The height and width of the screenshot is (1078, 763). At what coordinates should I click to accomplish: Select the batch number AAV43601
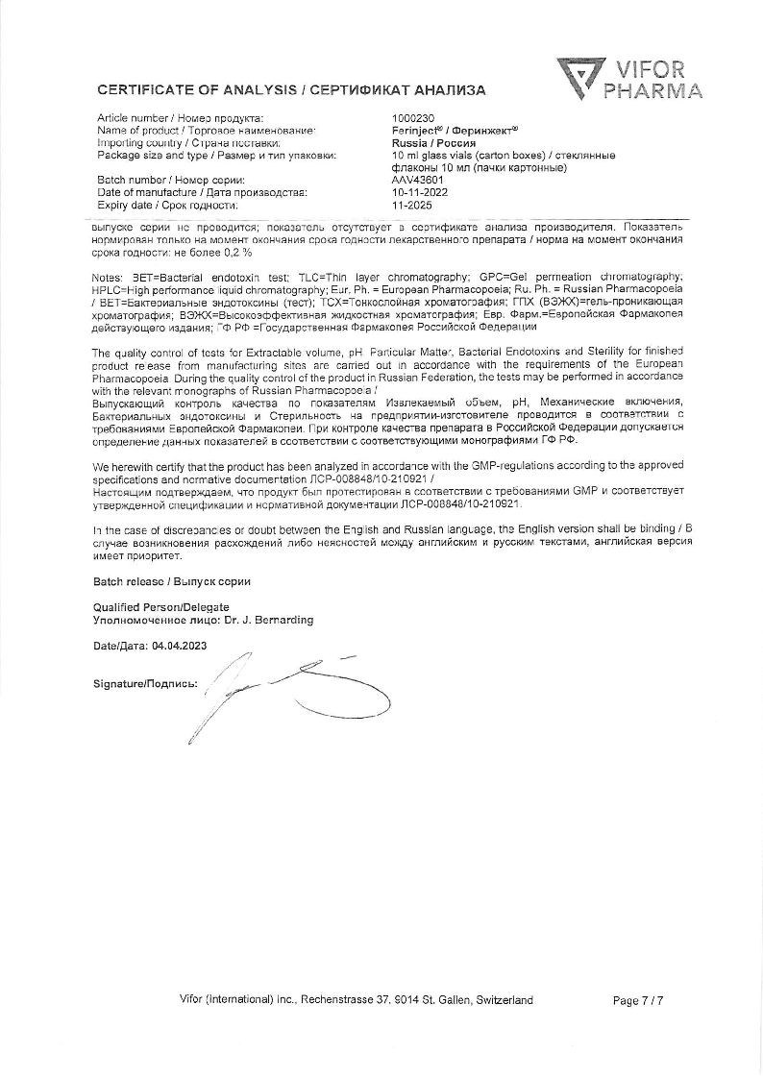pyautogui.click(x=418, y=181)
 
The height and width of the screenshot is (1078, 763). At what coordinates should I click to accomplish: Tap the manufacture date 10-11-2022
pyautogui.click(x=421, y=192)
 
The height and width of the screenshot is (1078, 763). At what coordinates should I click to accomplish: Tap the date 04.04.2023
pyautogui.click(x=179, y=646)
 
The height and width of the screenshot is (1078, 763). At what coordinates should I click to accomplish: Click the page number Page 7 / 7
pyautogui.click(x=638, y=1001)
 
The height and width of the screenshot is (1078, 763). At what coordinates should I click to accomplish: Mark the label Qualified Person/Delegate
pyautogui.click(x=161, y=607)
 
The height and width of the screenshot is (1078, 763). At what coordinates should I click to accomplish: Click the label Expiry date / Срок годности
pyautogui.click(x=167, y=205)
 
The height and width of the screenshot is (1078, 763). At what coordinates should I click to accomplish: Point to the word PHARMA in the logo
pyautogui.click(x=652, y=92)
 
